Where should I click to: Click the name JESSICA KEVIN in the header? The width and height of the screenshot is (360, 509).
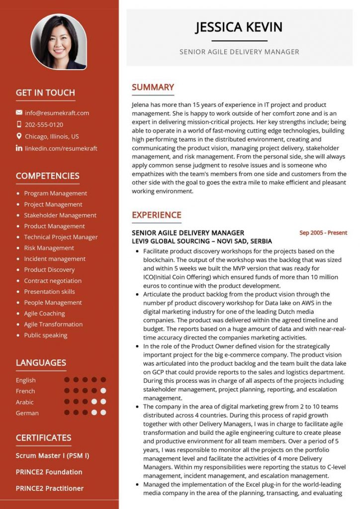point(239,27)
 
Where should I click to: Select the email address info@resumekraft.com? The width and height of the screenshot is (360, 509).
point(57,113)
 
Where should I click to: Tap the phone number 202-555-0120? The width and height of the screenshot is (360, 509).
point(44,125)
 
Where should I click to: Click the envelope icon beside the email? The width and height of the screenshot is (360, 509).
point(19,113)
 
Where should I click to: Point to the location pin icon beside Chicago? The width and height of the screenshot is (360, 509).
point(19,136)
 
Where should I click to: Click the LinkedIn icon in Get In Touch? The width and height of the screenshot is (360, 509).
point(19,148)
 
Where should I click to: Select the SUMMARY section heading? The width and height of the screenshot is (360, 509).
point(153,87)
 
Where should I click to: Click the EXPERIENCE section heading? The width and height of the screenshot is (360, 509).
point(156,215)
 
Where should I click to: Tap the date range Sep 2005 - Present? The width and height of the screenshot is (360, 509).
point(323,233)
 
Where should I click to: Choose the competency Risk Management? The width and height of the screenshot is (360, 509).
point(49,248)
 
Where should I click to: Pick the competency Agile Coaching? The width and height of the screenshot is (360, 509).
point(44,314)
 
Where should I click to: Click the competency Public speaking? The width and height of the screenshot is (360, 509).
point(46,336)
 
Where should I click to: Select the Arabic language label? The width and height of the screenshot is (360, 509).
point(24,402)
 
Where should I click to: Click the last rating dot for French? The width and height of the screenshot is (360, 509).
point(103,391)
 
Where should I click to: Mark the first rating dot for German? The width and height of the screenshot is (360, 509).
point(67,413)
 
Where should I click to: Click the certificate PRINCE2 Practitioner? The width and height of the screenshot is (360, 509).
point(49,488)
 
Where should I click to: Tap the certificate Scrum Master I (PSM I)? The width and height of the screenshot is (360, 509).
point(52,455)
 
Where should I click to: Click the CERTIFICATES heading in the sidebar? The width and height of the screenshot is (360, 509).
point(43,438)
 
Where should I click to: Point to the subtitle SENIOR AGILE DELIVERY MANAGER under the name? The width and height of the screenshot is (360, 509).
point(239,52)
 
